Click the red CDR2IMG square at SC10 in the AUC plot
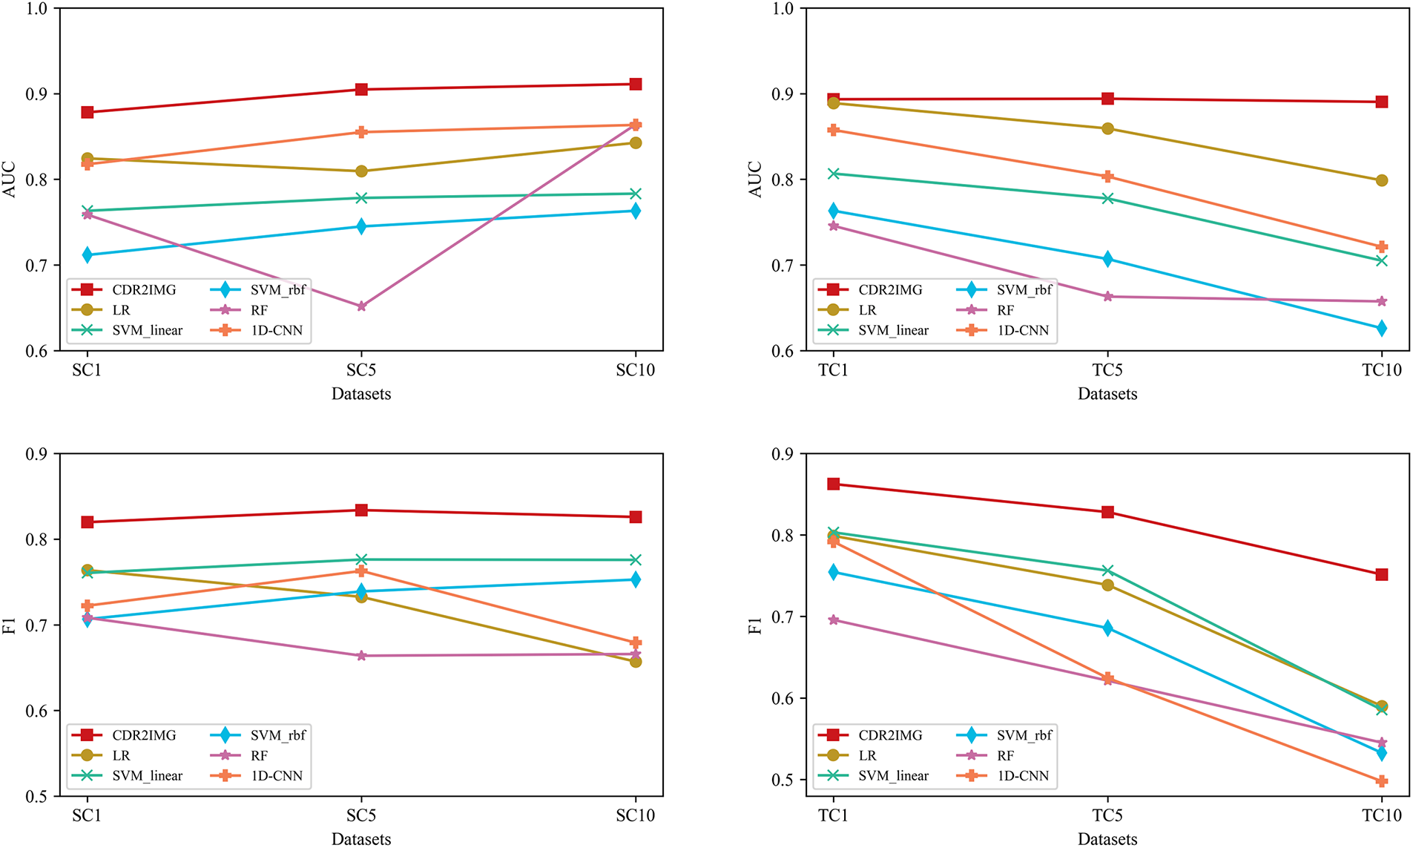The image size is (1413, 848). pyautogui.click(x=636, y=85)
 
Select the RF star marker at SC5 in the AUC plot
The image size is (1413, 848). pyautogui.click(x=361, y=306)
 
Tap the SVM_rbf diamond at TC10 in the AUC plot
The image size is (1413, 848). pyautogui.click(x=1382, y=328)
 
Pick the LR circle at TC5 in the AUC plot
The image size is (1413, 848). pyautogui.click(x=1107, y=129)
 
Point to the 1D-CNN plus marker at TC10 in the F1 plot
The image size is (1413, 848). pyautogui.click(x=1382, y=781)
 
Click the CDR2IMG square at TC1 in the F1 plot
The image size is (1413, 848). pyautogui.click(x=833, y=484)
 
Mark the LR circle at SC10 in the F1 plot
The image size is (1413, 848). pyautogui.click(x=636, y=661)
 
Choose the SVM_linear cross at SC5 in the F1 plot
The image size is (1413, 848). pyautogui.click(x=361, y=559)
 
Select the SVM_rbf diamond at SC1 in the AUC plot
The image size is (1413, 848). pyautogui.click(x=87, y=255)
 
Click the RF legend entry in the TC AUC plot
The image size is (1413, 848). pyautogui.click(x=1005, y=310)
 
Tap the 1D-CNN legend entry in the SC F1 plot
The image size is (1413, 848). pyautogui.click(x=276, y=775)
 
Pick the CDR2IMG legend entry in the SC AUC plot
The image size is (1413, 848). pyautogui.click(x=144, y=290)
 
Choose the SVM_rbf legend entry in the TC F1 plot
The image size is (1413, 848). pyautogui.click(x=1024, y=735)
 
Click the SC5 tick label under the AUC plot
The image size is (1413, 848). pyautogui.click(x=361, y=370)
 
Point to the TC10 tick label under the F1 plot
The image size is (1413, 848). pyautogui.click(x=1382, y=815)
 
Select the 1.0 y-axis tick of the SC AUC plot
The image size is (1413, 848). pyautogui.click(x=36, y=9)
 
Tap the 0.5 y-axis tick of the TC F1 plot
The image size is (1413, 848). pyautogui.click(x=783, y=780)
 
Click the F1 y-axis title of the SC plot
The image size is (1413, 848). pyautogui.click(x=10, y=625)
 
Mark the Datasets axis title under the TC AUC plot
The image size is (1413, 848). pyautogui.click(x=1107, y=394)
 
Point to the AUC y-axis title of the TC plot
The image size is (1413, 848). pyautogui.click(x=756, y=180)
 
